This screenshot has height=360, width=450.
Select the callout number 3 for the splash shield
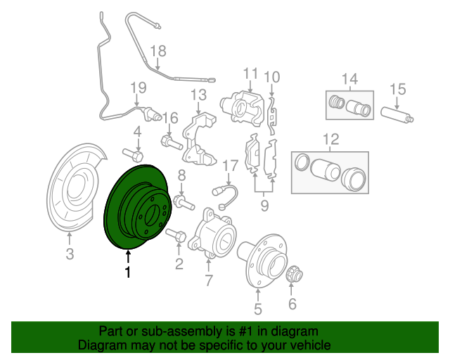pyautogui.click(x=70, y=255)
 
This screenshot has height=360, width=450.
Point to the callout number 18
pyautogui.click(x=159, y=51)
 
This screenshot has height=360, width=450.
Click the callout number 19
pyautogui.click(x=138, y=87)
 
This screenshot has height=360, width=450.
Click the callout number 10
pyautogui.click(x=272, y=76)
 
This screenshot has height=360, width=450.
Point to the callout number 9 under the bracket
pyautogui.click(x=264, y=205)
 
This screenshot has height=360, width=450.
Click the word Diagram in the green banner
pyautogui.click(x=102, y=345)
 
